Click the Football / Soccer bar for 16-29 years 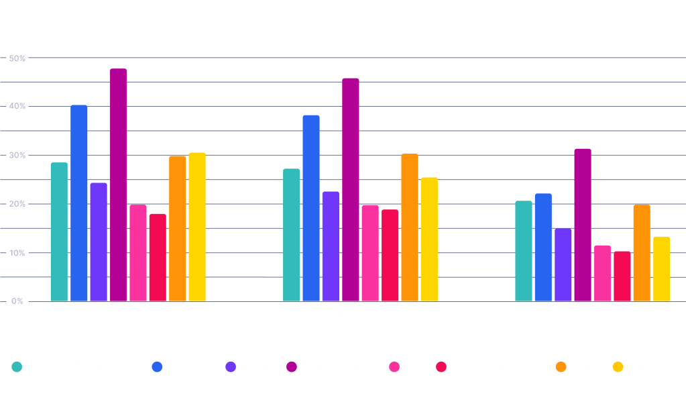pos(118,185)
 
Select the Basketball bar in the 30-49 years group pos(311,208)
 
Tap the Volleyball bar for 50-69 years pos(661,268)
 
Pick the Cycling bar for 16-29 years pos(99,242)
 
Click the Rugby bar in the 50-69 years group pos(622,276)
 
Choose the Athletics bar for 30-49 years pos(292,235)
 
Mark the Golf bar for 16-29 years pos(138,253)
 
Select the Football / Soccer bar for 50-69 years pos(583,225)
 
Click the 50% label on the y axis pos(17,59)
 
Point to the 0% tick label pos(17,301)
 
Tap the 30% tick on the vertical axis pos(17,156)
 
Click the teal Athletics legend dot pos(17,367)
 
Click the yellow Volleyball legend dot pos(618,367)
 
